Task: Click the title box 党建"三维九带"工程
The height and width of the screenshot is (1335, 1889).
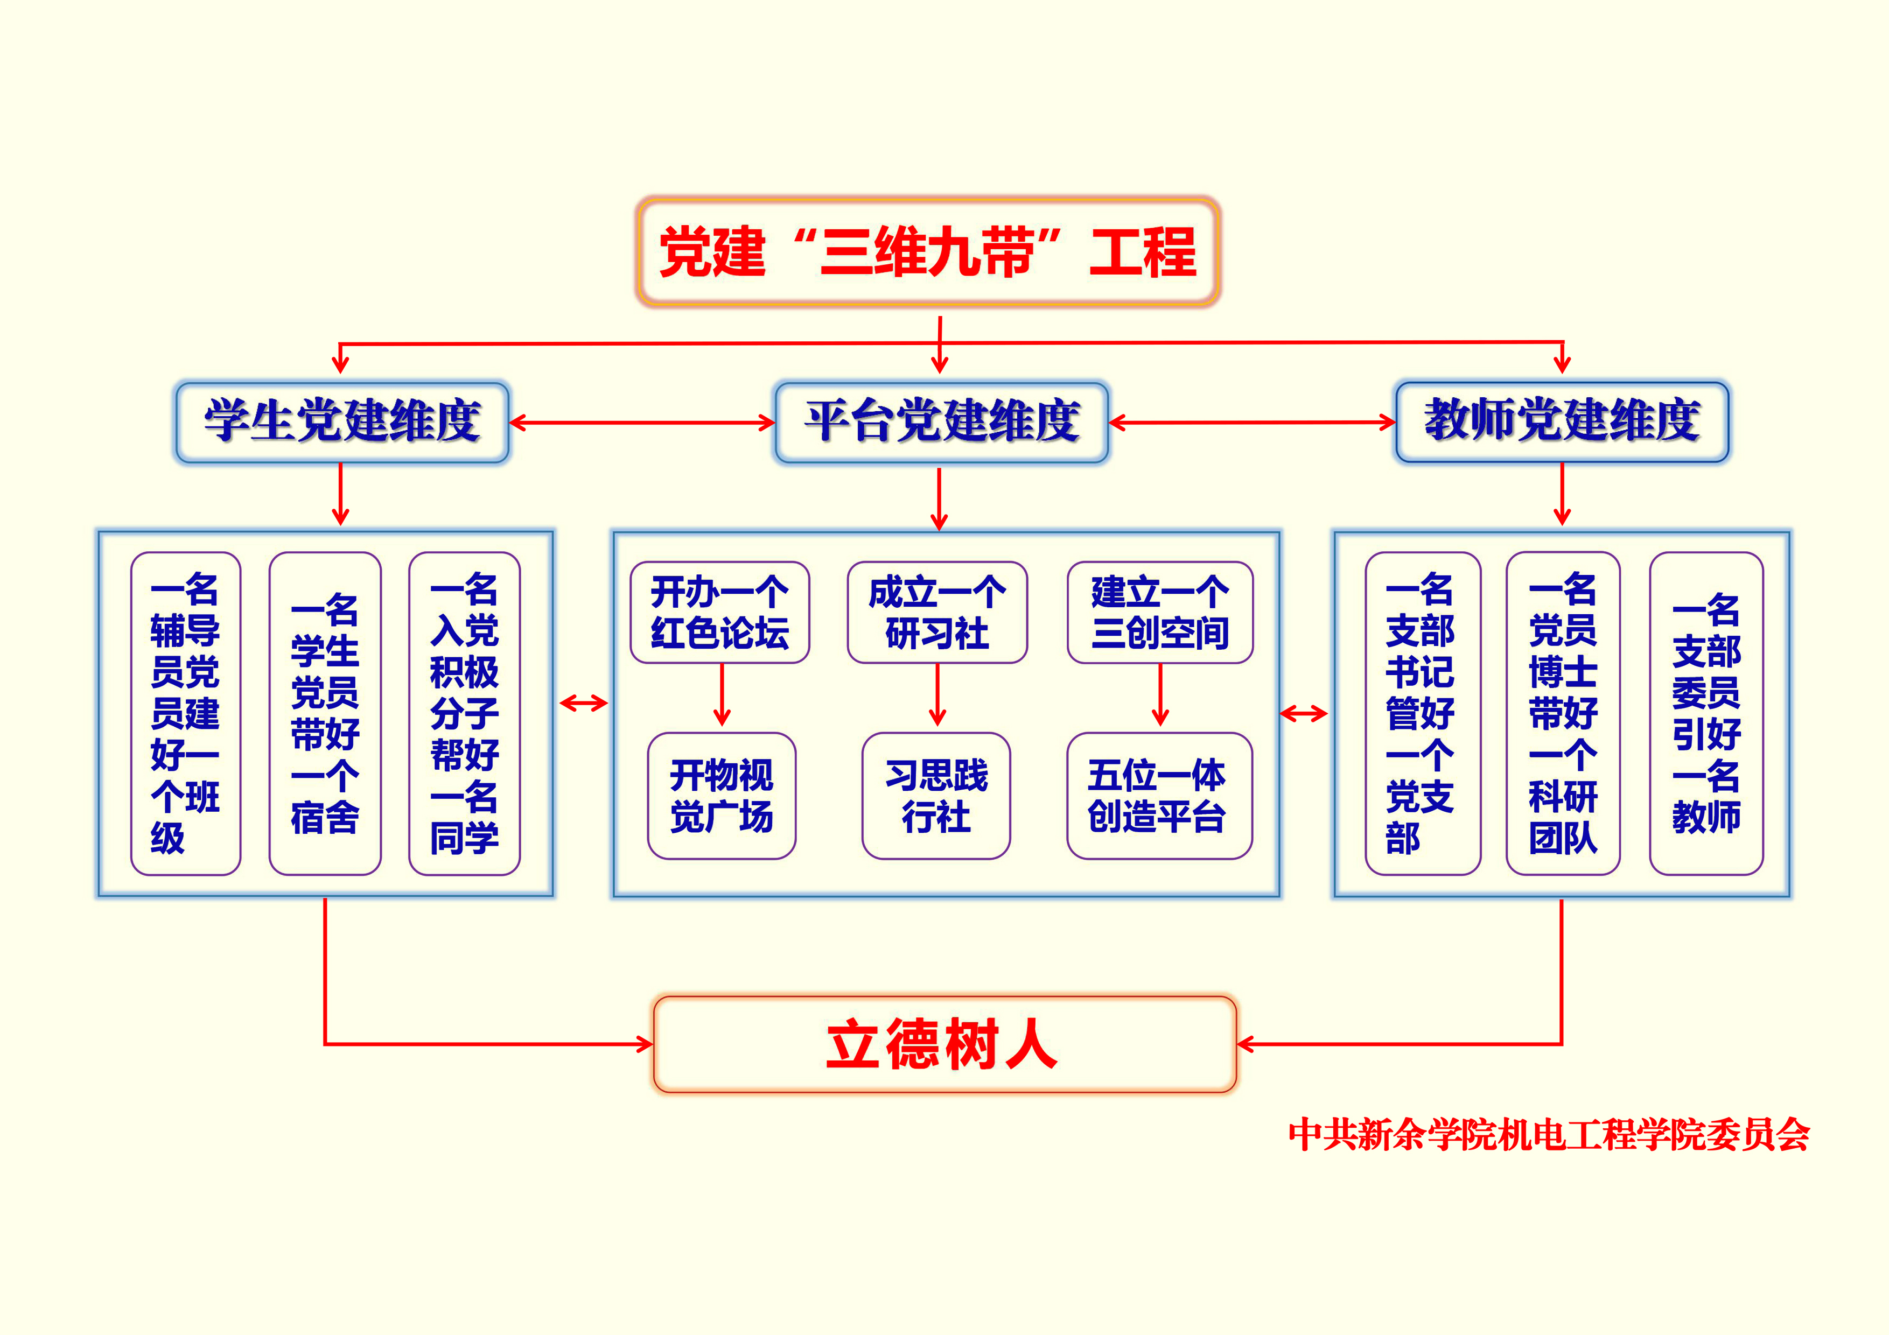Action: tap(928, 252)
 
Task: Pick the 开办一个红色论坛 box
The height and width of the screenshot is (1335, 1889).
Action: tap(720, 613)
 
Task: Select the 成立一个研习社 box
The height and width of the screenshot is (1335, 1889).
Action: tap(937, 613)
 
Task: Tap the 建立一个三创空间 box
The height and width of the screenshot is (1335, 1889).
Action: tap(1160, 613)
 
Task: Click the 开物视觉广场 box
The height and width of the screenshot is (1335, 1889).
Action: tap(722, 796)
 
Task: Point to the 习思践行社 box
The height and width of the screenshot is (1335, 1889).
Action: tap(936, 796)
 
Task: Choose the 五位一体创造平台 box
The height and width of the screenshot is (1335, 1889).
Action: tap(1159, 796)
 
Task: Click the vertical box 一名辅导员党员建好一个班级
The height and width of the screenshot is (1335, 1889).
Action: tap(186, 713)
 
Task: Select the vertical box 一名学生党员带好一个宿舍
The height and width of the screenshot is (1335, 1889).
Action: tap(325, 713)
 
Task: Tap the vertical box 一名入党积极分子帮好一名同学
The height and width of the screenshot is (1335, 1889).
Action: tap(465, 713)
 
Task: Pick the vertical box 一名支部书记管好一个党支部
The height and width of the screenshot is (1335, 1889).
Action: tap(1423, 713)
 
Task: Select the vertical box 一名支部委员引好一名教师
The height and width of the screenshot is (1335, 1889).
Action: tap(1706, 713)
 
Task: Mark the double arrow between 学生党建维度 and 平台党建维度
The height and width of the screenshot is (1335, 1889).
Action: tap(642, 423)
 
